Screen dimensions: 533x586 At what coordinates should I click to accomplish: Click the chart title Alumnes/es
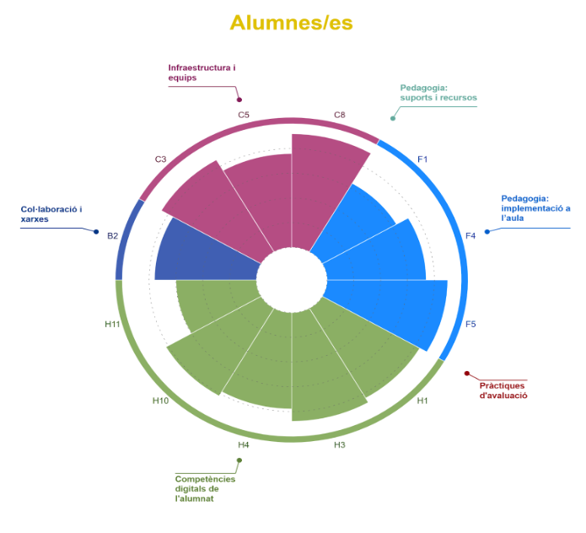coord(291,22)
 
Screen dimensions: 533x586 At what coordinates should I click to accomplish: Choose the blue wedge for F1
coord(354,219)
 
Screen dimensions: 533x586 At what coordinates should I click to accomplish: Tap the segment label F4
coord(470,235)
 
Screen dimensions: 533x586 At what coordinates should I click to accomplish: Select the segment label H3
coord(340,444)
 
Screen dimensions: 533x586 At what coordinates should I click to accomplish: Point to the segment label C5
coord(244,114)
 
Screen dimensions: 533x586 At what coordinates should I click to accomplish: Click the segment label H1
coord(422,401)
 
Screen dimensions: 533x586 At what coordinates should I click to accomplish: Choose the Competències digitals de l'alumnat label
coord(205,488)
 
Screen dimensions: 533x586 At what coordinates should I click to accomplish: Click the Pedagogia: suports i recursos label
coord(438,92)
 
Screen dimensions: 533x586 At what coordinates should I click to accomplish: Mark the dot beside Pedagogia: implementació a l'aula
coord(487,230)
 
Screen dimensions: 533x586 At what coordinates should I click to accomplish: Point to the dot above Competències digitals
coord(239,460)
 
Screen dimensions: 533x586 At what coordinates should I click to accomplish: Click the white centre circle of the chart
coord(292,279)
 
